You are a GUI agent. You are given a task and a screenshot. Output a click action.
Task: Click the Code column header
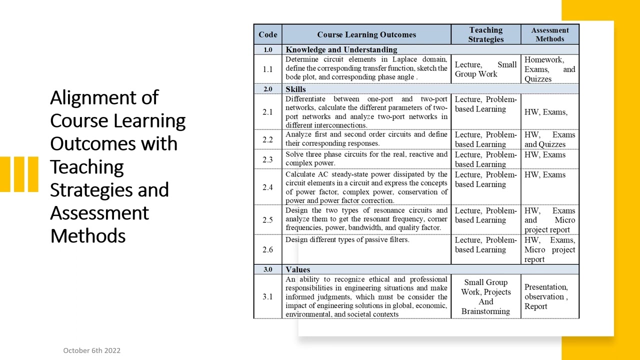267,34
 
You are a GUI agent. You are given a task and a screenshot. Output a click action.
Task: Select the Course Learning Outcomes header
366,34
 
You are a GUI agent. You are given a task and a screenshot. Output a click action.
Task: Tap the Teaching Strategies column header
485,34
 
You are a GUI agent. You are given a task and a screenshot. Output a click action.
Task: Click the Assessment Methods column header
549,34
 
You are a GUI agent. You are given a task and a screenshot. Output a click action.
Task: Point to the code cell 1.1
267,69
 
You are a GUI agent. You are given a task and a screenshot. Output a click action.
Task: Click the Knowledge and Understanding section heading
341,49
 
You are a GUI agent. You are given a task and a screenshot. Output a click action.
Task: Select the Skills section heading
295,89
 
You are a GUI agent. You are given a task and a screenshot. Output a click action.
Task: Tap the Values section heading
297,269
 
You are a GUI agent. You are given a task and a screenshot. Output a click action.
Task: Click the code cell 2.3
267,159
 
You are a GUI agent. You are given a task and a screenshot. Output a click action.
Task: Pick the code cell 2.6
267,249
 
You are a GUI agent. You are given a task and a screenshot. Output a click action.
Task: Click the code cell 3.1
267,296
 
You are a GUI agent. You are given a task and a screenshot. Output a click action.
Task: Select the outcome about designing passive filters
347,240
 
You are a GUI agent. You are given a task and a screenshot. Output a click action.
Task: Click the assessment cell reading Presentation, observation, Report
546,296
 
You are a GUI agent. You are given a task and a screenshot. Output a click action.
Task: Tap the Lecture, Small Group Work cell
485,69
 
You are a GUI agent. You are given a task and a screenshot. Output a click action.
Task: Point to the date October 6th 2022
91,350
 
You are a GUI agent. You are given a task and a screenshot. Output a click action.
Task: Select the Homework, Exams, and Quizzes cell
549,69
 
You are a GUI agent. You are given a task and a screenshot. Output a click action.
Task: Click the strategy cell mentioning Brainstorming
485,296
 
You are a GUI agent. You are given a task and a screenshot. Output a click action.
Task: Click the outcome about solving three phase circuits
366,158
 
